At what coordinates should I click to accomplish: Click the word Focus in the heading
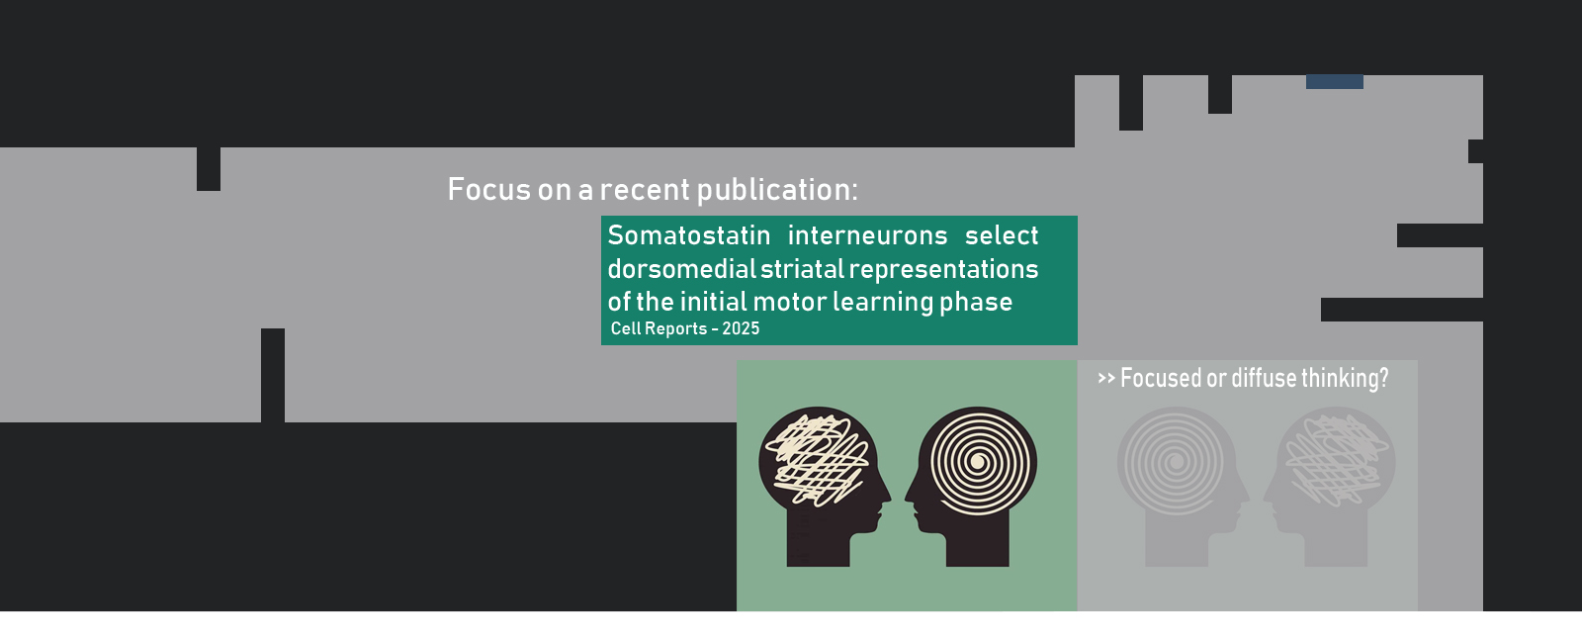488,189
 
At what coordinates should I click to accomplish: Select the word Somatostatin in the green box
688,235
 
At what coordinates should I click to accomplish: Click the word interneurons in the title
867,235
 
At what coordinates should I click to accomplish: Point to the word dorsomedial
681,268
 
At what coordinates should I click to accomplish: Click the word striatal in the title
802,268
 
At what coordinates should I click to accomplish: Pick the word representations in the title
943,270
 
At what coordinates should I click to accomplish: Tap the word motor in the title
790,302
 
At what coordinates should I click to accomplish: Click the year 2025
741,328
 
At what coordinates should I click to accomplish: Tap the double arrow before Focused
1106,378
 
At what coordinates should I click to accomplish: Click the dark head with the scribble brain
824,486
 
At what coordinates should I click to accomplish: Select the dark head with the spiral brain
972,486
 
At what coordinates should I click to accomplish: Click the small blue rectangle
1335,82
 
